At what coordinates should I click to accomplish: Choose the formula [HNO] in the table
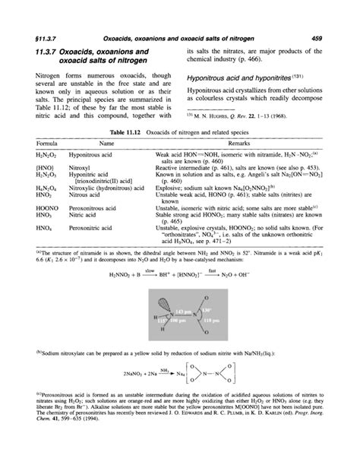tap(33, 163)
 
